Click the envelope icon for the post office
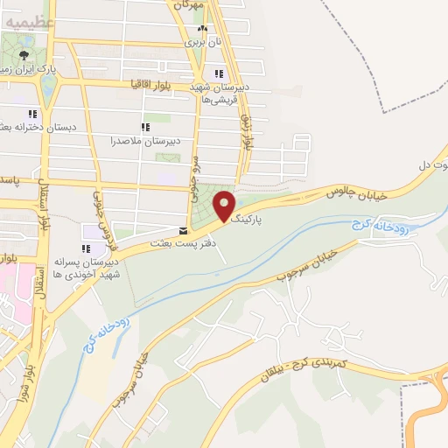click(x=182, y=231)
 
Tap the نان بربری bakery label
click(x=199, y=40)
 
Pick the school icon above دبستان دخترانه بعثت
click(x=32, y=114)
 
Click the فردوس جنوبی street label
click(x=98, y=214)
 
